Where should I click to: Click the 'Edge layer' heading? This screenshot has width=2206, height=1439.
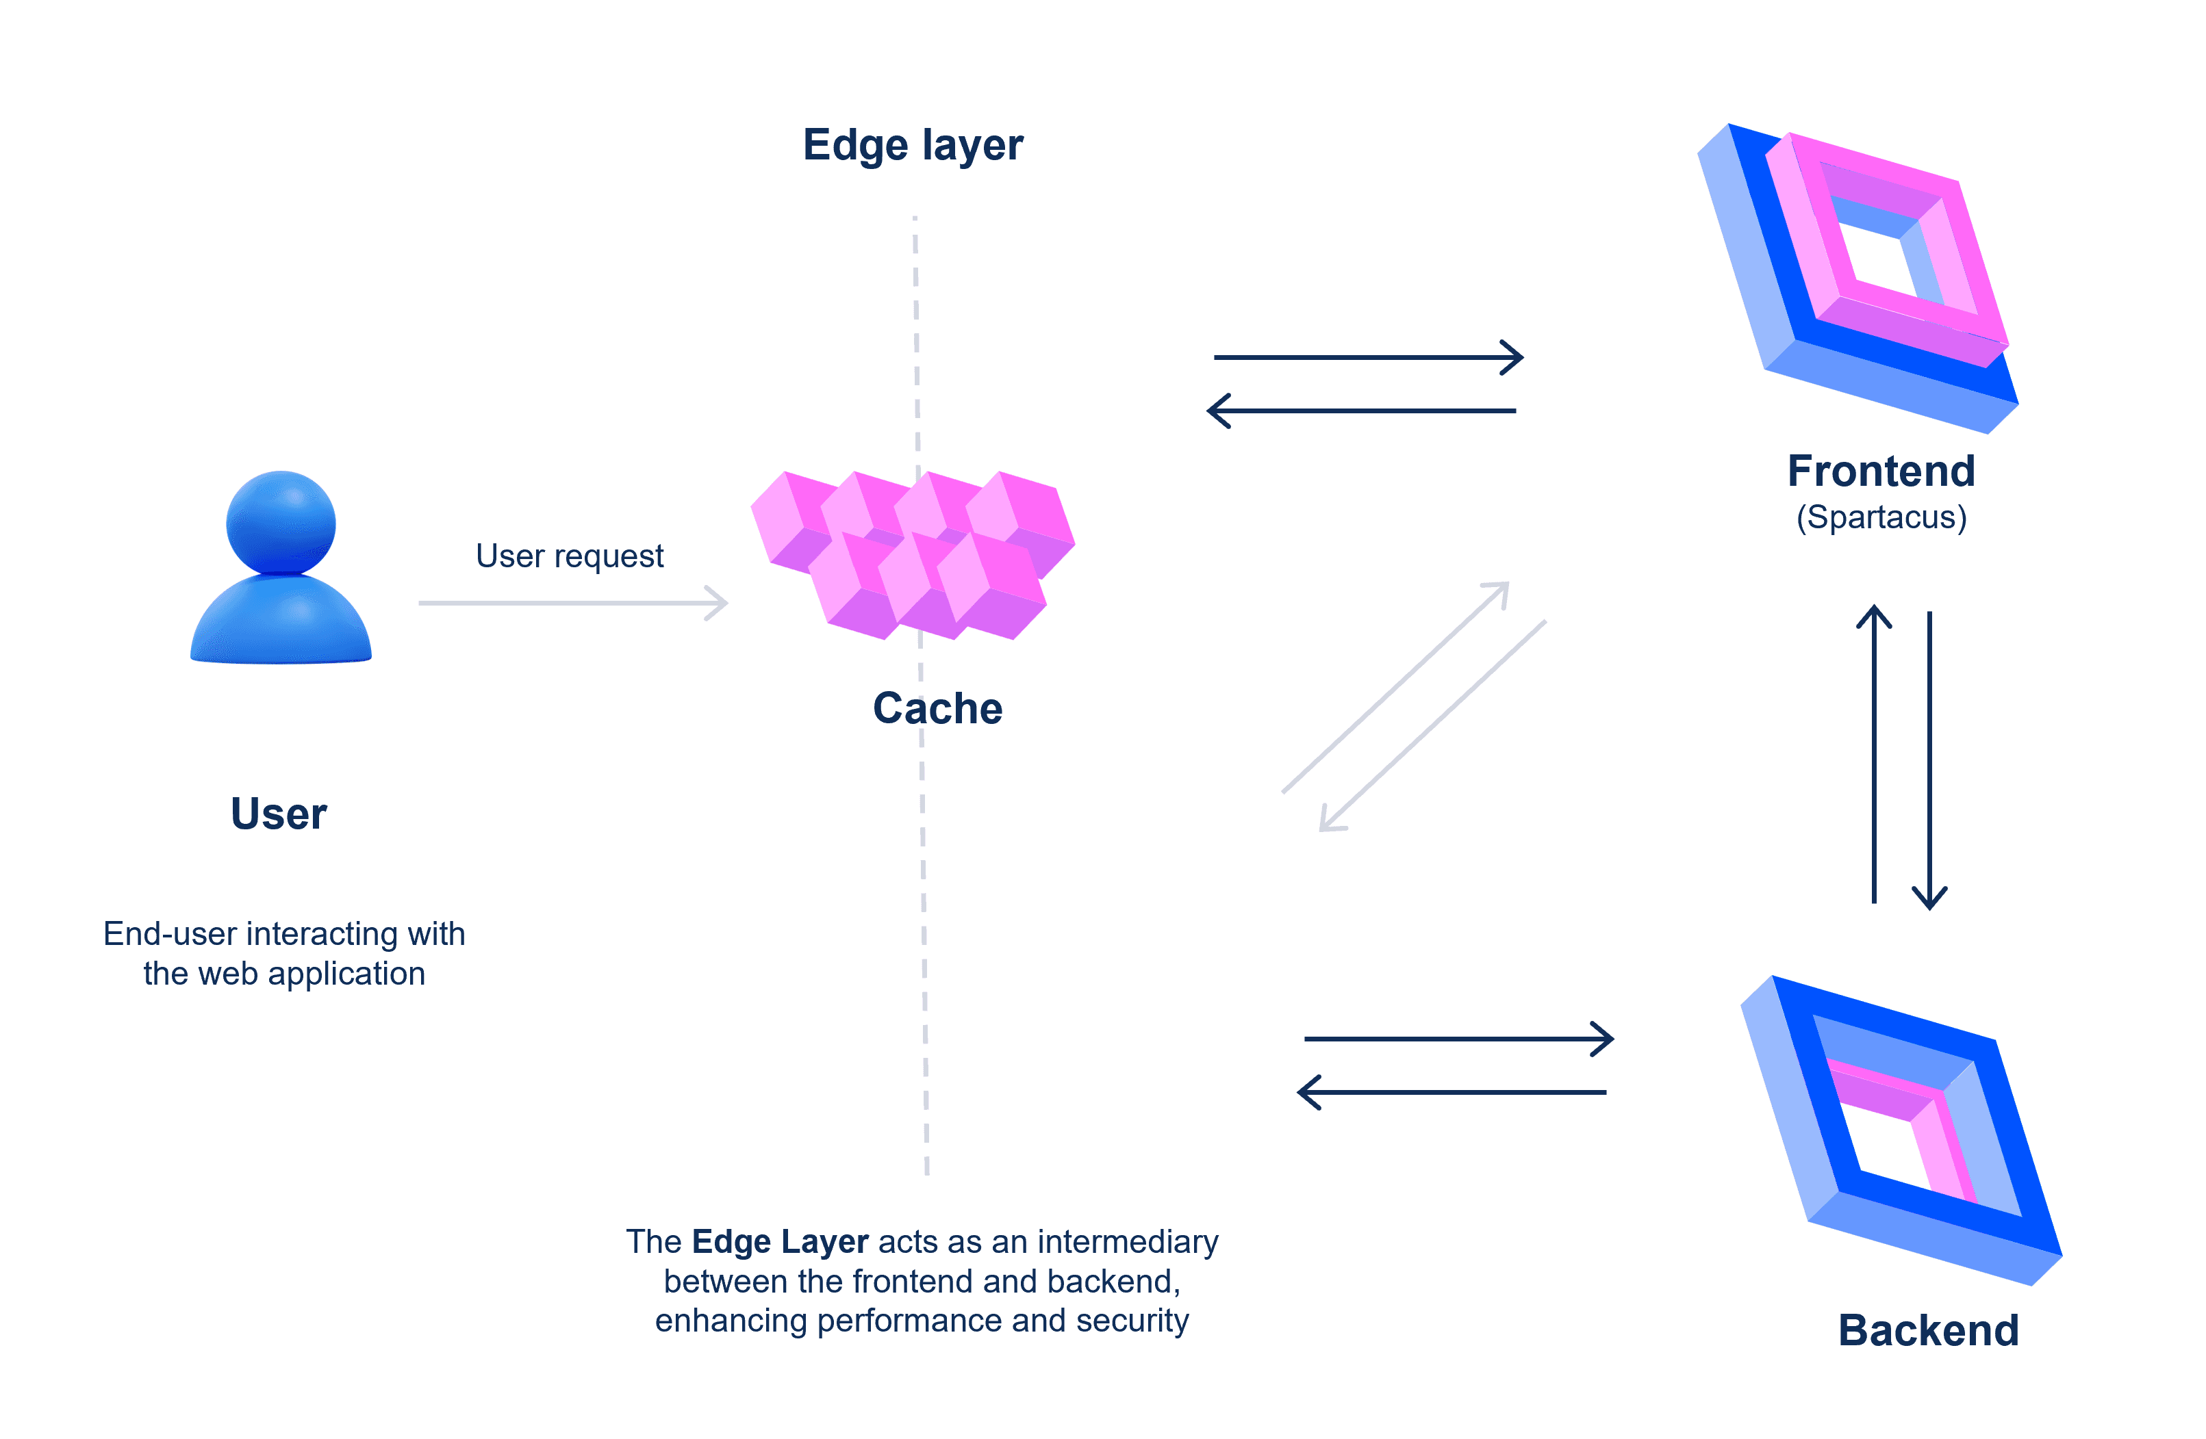click(912, 146)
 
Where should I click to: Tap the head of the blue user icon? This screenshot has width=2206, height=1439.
click(281, 523)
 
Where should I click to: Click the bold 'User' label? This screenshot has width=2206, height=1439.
click(278, 814)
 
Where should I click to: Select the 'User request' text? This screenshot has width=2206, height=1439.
click(569, 556)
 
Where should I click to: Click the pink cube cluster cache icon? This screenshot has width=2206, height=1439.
click(913, 556)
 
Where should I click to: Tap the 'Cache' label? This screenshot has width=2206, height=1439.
click(937, 709)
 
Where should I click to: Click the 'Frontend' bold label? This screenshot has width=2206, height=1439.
click(1881, 471)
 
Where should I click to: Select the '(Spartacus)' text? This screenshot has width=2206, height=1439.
click(1881, 517)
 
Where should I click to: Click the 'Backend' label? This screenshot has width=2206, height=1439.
click(1928, 1331)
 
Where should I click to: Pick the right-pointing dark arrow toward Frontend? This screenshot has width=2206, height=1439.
click(1367, 356)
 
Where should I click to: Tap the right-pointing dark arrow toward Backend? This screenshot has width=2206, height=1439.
click(1458, 1039)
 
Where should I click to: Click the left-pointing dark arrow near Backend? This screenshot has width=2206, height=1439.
click(1451, 1093)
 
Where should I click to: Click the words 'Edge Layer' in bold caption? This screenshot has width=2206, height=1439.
click(780, 1242)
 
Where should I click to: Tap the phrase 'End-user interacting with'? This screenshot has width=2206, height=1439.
click(283, 934)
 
